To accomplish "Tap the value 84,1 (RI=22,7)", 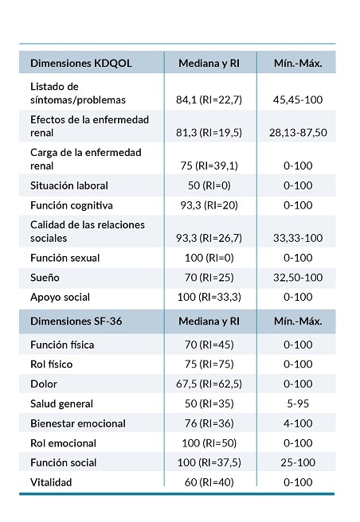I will pyautogui.click(x=209, y=99).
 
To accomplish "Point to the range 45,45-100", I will pyautogui.click(x=295, y=99).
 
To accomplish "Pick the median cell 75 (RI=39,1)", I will pyautogui.click(x=209, y=166).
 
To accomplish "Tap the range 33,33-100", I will pyautogui.click(x=295, y=238).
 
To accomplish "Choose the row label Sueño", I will pyautogui.click(x=45, y=277).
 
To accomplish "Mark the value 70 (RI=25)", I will pyautogui.click(x=209, y=277).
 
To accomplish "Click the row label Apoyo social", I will pyautogui.click(x=61, y=296).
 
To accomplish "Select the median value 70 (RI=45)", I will pyautogui.click(x=209, y=345).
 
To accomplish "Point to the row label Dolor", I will pyautogui.click(x=44, y=384).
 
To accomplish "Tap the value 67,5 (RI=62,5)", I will pyautogui.click(x=209, y=384).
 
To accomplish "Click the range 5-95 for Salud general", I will pyautogui.click(x=295, y=403).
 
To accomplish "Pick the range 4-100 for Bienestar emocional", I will pyautogui.click(x=295, y=423).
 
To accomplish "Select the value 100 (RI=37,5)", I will pyautogui.click(x=209, y=462).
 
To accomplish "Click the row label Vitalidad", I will pyautogui.click(x=53, y=481).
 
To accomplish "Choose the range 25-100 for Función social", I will pyautogui.click(x=295, y=462).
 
